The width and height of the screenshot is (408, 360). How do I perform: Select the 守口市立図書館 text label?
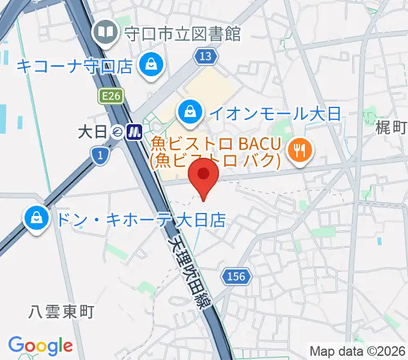[182, 33]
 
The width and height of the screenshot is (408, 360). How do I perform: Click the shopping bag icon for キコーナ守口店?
[150, 65]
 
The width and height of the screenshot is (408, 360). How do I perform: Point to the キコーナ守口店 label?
[74, 65]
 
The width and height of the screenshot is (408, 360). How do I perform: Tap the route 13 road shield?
[205, 56]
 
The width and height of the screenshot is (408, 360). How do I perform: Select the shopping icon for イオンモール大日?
[190, 112]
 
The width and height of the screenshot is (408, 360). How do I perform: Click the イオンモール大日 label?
[274, 112]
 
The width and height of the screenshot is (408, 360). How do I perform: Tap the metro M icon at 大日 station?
[134, 131]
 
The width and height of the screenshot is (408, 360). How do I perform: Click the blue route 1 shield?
[100, 156]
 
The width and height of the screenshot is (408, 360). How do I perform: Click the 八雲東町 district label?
[62, 311]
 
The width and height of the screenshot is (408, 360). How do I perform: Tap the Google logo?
[40, 345]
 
